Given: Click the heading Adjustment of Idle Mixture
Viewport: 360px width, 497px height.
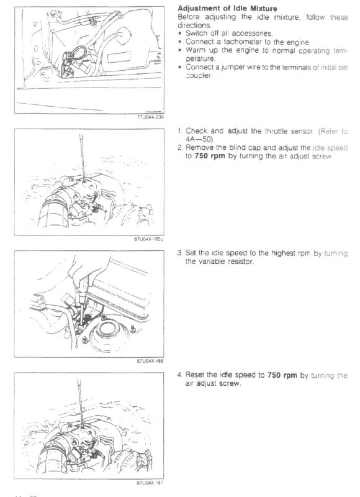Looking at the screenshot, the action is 227,8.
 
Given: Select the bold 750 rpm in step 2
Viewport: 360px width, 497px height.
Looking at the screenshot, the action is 210,157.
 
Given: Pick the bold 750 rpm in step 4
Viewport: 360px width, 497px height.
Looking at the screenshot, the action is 282,375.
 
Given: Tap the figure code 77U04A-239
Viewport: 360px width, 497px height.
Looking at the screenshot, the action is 150,117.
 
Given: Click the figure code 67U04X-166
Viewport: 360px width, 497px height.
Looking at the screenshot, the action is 150,361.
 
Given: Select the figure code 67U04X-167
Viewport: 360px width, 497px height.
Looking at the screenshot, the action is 150,483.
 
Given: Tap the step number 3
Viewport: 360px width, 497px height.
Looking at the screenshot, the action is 179,253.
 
